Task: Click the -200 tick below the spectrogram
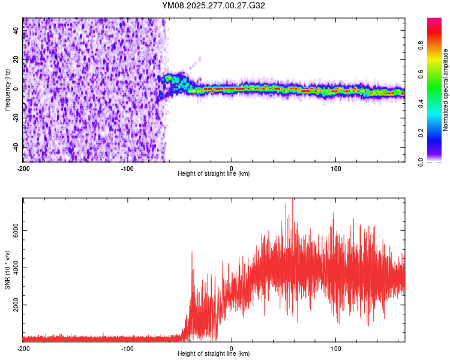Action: pyautogui.click(x=23, y=167)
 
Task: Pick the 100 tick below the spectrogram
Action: pyautogui.click(x=336, y=167)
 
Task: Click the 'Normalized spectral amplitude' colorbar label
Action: pyautogui.click(x=445, y=90)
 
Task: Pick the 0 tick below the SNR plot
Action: pyautogui.click(x=232, y=347)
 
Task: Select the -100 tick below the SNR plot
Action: pyautogui.click(x=127, y=347)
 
